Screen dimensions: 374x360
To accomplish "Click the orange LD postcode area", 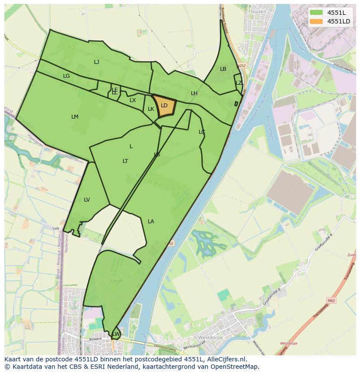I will [x=164, y=106].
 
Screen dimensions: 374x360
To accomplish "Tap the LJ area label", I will [x=97, y=62].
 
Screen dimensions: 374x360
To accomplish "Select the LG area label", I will [x=67, y=76].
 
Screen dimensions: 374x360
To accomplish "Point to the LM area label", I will [x=75, y=117].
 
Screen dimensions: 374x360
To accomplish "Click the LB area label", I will [x=223, y=69].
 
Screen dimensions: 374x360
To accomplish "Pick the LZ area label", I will [x=239, y=83].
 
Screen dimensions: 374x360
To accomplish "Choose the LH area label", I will [x=194, y=93].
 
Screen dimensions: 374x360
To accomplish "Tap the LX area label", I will [x=133, y=100].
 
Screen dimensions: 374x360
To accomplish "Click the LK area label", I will [x=151, y=109].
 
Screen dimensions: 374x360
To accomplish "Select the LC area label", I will [x=202, y=132].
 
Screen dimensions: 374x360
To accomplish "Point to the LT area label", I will [x=125, y=161].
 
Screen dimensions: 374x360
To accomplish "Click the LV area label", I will [x=87, y=200].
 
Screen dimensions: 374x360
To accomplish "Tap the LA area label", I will [x=151, y=222].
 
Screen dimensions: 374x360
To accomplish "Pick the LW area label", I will [x=116, y=334].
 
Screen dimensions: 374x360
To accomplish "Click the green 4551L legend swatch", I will [x=317, y=13].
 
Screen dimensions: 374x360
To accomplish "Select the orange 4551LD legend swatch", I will [x=317, y=21].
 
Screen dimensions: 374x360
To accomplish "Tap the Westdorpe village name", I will [x=210, y=338].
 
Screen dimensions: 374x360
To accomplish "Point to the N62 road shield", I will [x=331, y=300].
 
